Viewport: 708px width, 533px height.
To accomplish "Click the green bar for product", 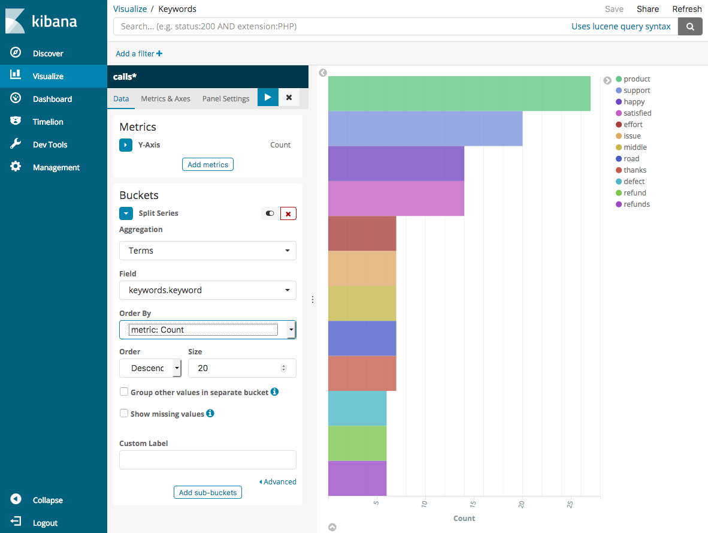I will (459, 94).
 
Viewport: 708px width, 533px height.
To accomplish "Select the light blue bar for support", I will (425, 128).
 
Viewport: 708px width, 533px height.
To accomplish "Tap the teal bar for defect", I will (357, 408).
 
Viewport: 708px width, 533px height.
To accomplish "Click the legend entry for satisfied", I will (637, 113).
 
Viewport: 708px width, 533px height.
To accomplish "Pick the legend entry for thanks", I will (634, 170).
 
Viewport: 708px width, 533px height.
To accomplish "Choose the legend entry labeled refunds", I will (636, 204).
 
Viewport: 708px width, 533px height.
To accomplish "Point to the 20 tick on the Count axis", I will (522, 504).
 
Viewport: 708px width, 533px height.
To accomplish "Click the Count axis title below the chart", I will (464, 518).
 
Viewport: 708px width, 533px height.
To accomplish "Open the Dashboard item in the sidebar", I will (52, 99).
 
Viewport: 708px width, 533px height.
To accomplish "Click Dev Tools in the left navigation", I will (50, 144).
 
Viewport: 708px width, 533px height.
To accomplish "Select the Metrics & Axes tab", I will (165, 99).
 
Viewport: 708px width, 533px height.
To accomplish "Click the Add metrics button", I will (207, 165).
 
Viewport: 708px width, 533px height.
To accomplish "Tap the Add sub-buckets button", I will (207, 493).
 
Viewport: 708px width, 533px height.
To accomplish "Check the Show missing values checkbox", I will (124, 413).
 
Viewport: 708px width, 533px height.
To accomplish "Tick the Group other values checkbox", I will (124, 392).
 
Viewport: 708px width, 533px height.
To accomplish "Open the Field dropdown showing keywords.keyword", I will (207, 290).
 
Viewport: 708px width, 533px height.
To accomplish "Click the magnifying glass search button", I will (690, 26).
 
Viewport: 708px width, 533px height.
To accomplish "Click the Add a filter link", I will (139, 53).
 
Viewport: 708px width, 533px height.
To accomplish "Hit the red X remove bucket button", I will (288, 213).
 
